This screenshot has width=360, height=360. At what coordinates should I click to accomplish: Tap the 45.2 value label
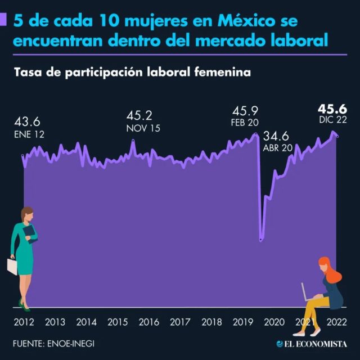coord(139,116)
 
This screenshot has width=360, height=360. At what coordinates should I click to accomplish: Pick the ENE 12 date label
coord(29,134)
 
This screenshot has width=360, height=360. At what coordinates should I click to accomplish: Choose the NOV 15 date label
coord(143,128)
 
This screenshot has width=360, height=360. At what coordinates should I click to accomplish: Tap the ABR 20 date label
coord(278,148)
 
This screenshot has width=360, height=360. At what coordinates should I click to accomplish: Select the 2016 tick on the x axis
coord(148,322)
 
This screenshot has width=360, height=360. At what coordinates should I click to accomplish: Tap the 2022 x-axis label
coord(336,322)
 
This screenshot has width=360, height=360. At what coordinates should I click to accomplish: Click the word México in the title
coord(235,22)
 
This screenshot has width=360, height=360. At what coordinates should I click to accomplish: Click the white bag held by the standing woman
coord(12,266)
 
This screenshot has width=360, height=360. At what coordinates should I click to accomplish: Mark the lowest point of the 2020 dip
coord(260,241)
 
